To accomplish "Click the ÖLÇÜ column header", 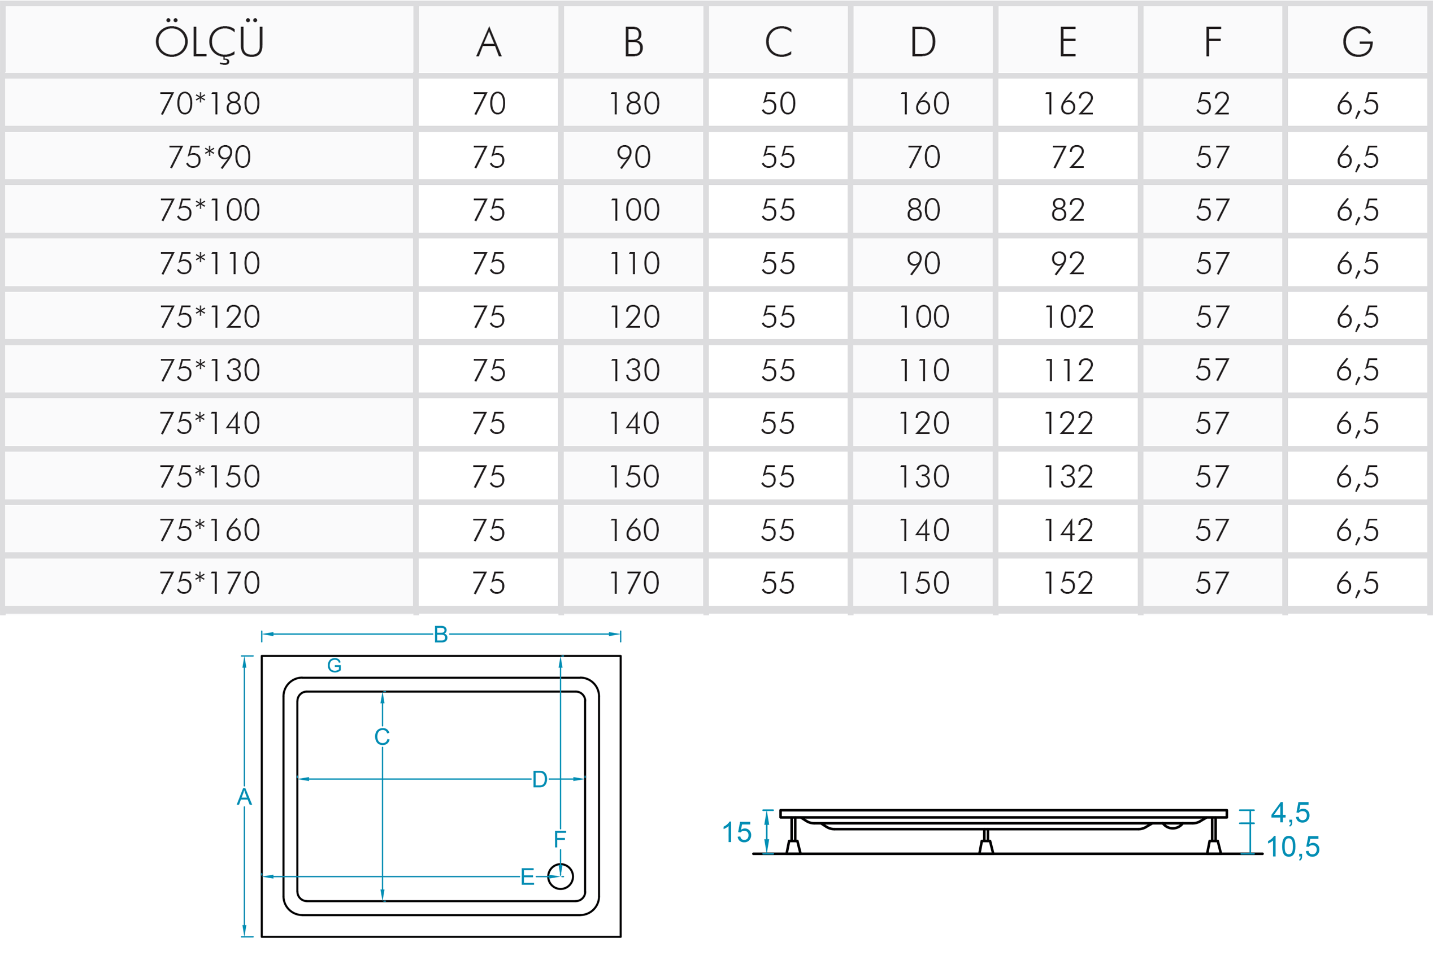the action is click(210, 41).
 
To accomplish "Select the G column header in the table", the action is click(1357, 42).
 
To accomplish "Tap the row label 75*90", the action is click(210, 157).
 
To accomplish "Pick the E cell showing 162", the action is click(1067, 103).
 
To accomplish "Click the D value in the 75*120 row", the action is click(923, 316).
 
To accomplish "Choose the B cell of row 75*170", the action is click(633, 583).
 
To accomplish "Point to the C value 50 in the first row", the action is click(778, 103).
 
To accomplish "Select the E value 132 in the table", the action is click(1067, 476).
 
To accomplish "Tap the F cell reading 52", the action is click(1213, 103).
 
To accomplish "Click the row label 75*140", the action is click(210, 423).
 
